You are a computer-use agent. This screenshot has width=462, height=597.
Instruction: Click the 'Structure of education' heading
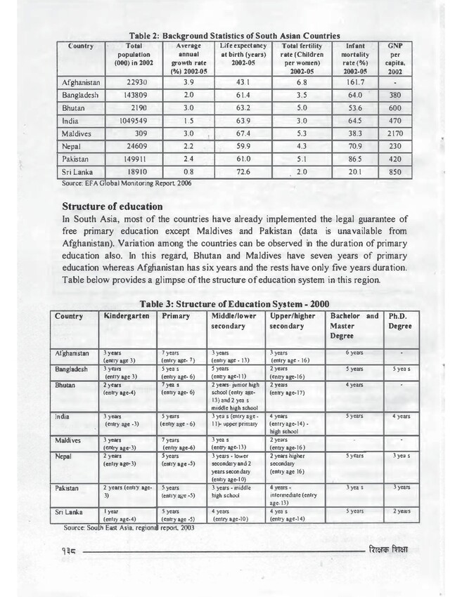[x=113, y=207]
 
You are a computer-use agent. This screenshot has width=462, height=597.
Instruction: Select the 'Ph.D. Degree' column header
[x=404, y=322]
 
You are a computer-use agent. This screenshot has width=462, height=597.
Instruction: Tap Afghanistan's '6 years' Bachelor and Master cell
[x=355, y=352]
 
